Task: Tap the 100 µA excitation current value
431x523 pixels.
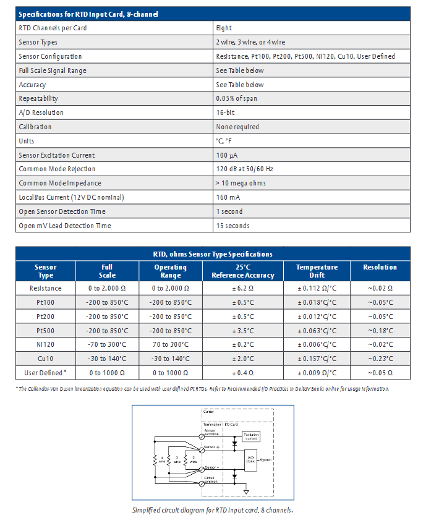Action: click(227, 155)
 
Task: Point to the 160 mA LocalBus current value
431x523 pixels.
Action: click(228, 197)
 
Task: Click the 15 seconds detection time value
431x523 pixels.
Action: click(233, 226)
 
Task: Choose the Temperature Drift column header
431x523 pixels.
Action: click(317, 271)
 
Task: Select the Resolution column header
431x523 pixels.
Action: click(380, 267)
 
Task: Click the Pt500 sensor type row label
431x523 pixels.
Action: click(46, 330)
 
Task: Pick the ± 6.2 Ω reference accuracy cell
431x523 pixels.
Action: click(243, 287)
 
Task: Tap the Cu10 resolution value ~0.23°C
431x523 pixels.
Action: click(380, 359)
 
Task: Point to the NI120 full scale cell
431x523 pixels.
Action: click(108, 344)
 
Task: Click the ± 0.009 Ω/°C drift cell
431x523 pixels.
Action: click(317, 373)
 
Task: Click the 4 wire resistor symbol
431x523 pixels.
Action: click(154, 460)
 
